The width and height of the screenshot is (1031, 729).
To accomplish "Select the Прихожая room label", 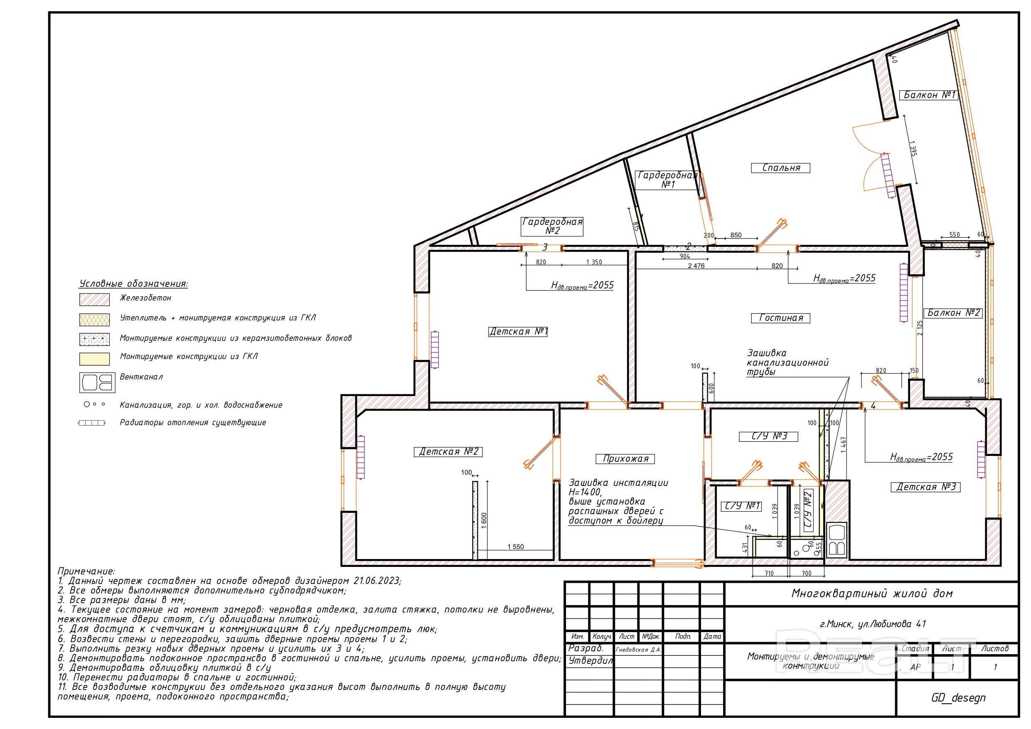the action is [x=625, y=458].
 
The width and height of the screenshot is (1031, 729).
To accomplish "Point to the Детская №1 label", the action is [x=518, y=332].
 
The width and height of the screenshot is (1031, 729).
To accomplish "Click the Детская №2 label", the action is [x=448, y=451].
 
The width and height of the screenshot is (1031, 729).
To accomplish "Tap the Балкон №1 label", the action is [x=929, y=95].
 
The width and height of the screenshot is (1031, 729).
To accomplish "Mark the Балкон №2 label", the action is [x=953, y=313].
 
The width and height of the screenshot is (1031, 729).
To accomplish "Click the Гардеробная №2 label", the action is [x=552, y=226].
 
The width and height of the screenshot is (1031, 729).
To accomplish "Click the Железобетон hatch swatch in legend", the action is [x=94, y=300].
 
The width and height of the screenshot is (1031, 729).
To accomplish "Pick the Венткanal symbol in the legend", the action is [x=97, y=383].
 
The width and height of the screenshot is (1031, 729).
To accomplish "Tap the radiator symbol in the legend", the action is [x=91, y=423].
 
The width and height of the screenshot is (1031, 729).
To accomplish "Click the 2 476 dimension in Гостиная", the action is [x=696, y=266].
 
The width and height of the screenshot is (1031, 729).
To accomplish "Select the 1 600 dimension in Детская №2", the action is [x=484, y=521].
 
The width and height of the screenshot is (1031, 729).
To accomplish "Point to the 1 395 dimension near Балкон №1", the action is [x=913, y=148].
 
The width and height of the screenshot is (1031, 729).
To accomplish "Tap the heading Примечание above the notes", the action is [x=86, y=571].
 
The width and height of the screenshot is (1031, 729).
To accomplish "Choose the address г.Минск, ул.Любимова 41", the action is [x=873, y=624].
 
